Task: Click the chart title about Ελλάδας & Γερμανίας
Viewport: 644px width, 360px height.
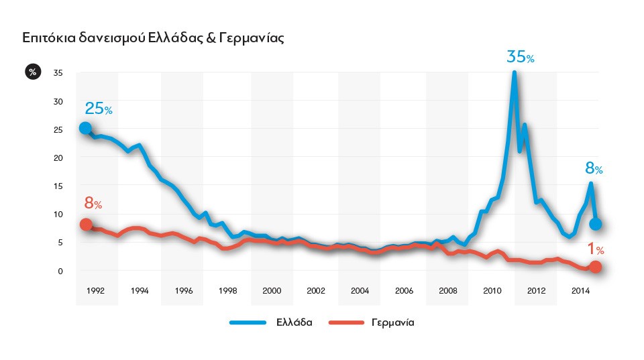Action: pyautogui.click(x=154, y=38)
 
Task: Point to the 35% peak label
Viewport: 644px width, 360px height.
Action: pyautogui.click(x=520, y=57)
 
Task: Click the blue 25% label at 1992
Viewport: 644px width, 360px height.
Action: pyautogui.click(x=98, y=109)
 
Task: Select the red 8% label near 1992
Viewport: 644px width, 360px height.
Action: pyautogui.click(x=93, y=203)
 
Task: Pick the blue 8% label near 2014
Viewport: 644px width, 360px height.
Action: pyautogui.click(x=594, y=169)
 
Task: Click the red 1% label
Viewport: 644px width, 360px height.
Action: pyautogui.click(x=596, y=249)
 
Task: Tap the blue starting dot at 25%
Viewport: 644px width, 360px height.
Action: pyautogui.click(x=85, y=128)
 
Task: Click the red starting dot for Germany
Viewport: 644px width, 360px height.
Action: pyautogui.click(x=86, y=225)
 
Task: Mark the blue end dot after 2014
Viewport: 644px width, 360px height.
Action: pyautogui.click(x=595, y=224)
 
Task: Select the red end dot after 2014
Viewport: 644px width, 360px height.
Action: pyautogui.click(x=595, y=267)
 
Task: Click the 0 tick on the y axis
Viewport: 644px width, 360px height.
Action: pyautogui.click(x=60, y=271)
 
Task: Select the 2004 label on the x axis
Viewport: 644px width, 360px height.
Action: pyautogui.click(x=360, y=291)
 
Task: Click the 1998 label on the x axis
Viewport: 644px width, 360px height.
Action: pyautogui.click(x=228, y=291)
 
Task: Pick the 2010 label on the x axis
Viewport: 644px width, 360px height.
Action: pyautogui.click(x=492, y=291)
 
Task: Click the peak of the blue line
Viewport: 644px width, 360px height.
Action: pyautogui.click(x=514, y=72)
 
